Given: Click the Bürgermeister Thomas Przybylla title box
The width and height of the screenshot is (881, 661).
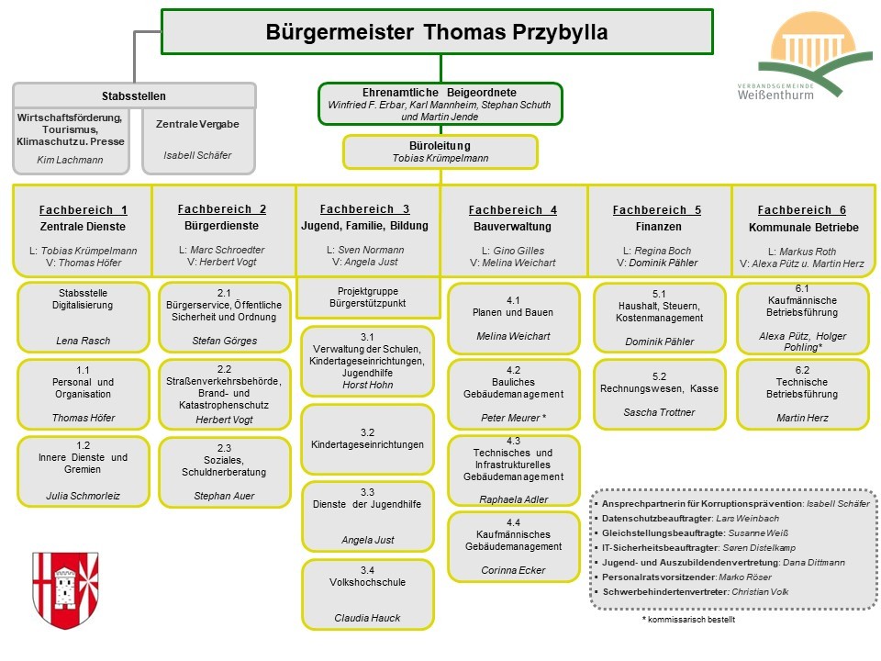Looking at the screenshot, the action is point(437,32).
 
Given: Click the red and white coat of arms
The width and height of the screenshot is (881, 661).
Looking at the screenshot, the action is point(65,590).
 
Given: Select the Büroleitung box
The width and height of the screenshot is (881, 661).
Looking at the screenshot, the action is point(440,151).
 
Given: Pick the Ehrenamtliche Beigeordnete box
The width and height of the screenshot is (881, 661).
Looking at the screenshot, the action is point(440,104).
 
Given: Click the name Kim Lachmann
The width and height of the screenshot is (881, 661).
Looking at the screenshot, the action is point(71,160).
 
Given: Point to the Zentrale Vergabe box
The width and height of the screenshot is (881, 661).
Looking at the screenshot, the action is point(198,141).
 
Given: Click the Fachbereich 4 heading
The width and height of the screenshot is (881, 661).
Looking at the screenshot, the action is point(513,209).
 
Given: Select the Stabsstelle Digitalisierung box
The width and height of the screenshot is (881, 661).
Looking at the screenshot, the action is point(84,317).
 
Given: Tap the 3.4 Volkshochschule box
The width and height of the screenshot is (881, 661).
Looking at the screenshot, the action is point(368,594).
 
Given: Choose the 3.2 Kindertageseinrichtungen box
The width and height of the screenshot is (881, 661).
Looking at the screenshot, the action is point(367,439).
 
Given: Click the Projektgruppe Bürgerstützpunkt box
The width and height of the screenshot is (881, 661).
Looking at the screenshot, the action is point(368,297).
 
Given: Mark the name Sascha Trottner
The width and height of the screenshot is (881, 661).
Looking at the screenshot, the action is point(659,412).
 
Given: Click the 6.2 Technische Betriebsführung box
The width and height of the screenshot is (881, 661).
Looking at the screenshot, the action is point(802,394).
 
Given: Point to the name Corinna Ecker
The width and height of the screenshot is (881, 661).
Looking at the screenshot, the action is point(513,570).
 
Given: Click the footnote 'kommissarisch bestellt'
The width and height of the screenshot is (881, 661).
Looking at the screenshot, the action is point(688,620).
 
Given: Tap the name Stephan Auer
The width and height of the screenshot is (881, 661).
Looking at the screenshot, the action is point(224,496).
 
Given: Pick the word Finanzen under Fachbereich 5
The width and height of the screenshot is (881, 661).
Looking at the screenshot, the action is point(659,227).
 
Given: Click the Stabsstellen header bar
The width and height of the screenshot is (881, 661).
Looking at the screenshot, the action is point(134,95).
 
